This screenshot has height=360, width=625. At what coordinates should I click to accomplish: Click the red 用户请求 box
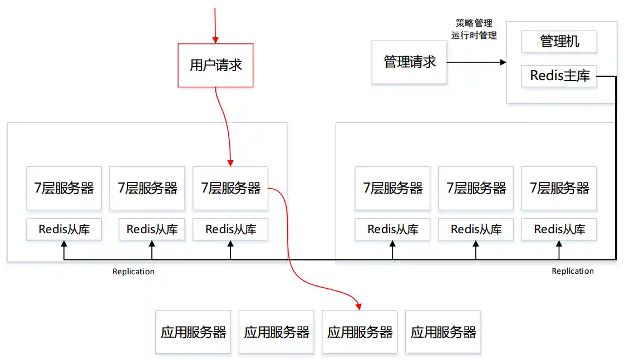(215, 65)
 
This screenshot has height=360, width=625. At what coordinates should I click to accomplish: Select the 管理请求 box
(410, 62)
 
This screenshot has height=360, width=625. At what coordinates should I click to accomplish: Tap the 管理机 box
(559, 42)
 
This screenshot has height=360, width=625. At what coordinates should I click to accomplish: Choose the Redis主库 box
(559, 76)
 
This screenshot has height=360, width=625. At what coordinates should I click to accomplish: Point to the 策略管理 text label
(474, 23)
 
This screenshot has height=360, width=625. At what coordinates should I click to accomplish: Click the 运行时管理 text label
(474, 35)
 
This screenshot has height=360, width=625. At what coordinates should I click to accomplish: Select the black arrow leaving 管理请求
(476, 62)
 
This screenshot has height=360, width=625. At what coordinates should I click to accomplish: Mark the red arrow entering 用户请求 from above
(215, 22)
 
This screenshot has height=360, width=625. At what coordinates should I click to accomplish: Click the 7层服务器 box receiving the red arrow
(230, 188)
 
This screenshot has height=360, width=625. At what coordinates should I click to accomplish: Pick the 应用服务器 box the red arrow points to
(360, 332)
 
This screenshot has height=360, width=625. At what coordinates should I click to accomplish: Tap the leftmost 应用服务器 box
(193, 332)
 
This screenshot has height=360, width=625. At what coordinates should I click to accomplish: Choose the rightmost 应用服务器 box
(443, 332)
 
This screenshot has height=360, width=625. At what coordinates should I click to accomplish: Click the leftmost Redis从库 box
(64, 229)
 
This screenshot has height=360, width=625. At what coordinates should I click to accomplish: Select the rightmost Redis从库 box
(559, 229)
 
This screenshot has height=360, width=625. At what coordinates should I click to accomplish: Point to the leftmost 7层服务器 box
(64, 188)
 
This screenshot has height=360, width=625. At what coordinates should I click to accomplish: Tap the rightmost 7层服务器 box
(559, 188)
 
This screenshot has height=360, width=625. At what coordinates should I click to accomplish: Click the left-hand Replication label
(134, 272)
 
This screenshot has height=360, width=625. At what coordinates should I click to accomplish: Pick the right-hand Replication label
(573, 271)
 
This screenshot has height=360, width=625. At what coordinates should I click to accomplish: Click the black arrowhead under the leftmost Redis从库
(64, 244)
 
